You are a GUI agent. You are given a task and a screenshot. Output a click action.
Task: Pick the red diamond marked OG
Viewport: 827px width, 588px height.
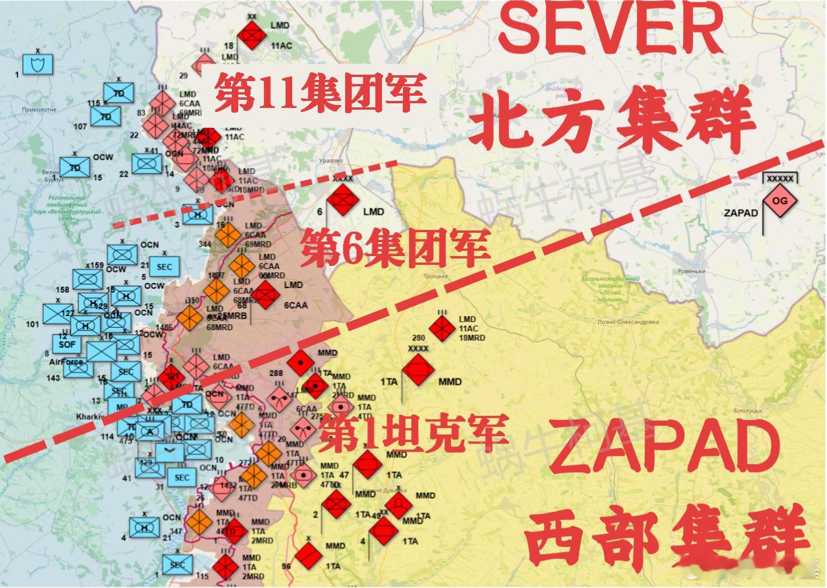click(780, 201)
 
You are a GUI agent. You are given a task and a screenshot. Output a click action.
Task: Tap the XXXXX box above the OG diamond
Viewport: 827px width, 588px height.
click(780, 178)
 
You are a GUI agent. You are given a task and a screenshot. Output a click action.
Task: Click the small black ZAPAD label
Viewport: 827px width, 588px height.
click(741, 213)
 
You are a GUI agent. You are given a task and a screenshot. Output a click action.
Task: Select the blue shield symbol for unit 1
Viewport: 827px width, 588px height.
click(38, 64)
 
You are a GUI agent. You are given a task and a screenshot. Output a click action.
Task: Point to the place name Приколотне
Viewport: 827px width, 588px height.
click(39, 109)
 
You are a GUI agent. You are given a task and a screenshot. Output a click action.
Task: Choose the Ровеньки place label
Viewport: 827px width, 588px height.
click(692, 271)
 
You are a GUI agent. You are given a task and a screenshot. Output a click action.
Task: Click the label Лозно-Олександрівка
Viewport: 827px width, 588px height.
click(628, 322)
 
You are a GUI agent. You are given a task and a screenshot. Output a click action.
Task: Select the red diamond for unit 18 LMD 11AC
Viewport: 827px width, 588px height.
click(252, 37)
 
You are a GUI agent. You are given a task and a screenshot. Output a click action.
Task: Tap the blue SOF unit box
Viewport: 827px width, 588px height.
click(68, 344)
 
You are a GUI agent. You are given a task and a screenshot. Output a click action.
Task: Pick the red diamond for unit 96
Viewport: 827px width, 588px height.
click(309, 555)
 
